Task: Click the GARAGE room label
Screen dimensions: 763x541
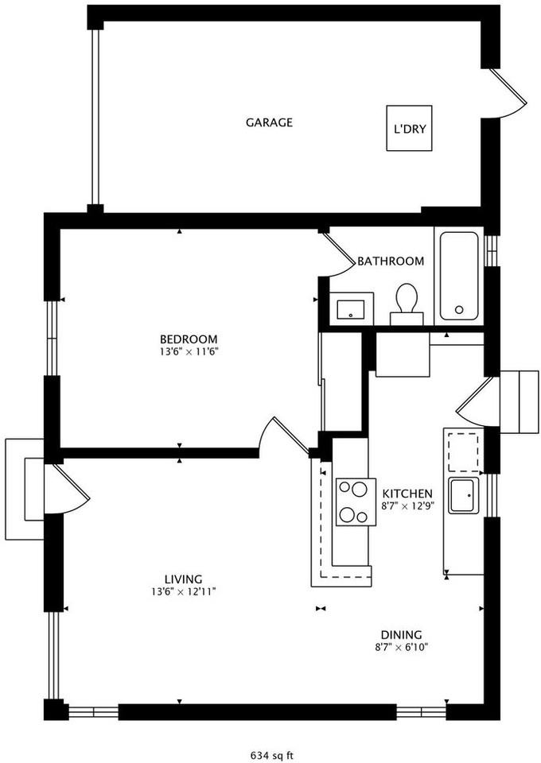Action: click(269, 122)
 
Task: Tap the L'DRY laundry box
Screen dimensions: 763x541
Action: click(409, 129)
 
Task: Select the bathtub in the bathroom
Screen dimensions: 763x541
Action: click(458, 276)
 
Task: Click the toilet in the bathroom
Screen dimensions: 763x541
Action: click(407, 302)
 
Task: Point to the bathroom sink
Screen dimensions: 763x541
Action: click(350, 307)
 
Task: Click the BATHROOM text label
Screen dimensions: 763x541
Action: click(390, 261)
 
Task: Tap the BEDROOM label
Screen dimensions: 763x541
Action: click(188, 338)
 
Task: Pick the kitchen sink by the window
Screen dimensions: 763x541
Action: click(463, 496)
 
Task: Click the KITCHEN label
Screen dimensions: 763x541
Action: click(407, 493)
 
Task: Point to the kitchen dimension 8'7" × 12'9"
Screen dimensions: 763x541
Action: click(407, 505)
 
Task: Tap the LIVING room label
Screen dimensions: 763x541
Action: click(183, 579)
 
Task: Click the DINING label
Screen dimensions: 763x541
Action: click(401, 634)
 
